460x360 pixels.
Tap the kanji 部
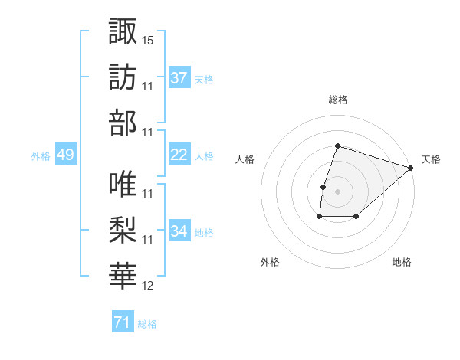click(123, 123)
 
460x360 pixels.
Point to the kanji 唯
click(123, 185)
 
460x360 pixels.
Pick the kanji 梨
click(123, 231)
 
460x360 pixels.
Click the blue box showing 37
click(179, 77)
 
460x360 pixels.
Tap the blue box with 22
click(179, 155)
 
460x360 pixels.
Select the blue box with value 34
click(179, 231)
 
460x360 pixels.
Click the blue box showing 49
click(66, 155)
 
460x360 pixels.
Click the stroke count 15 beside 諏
click(148, 39)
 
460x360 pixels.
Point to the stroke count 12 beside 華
click(148, 286)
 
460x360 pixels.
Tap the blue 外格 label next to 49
click(41, 155)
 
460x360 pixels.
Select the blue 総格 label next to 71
click(148, 324)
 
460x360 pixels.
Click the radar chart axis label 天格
click(431, 159)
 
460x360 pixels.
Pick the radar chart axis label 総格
click(337, 100)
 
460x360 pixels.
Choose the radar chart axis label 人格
click(245, 159)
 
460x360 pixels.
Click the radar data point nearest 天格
click(412, 168)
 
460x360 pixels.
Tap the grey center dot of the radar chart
click(337, 191)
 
